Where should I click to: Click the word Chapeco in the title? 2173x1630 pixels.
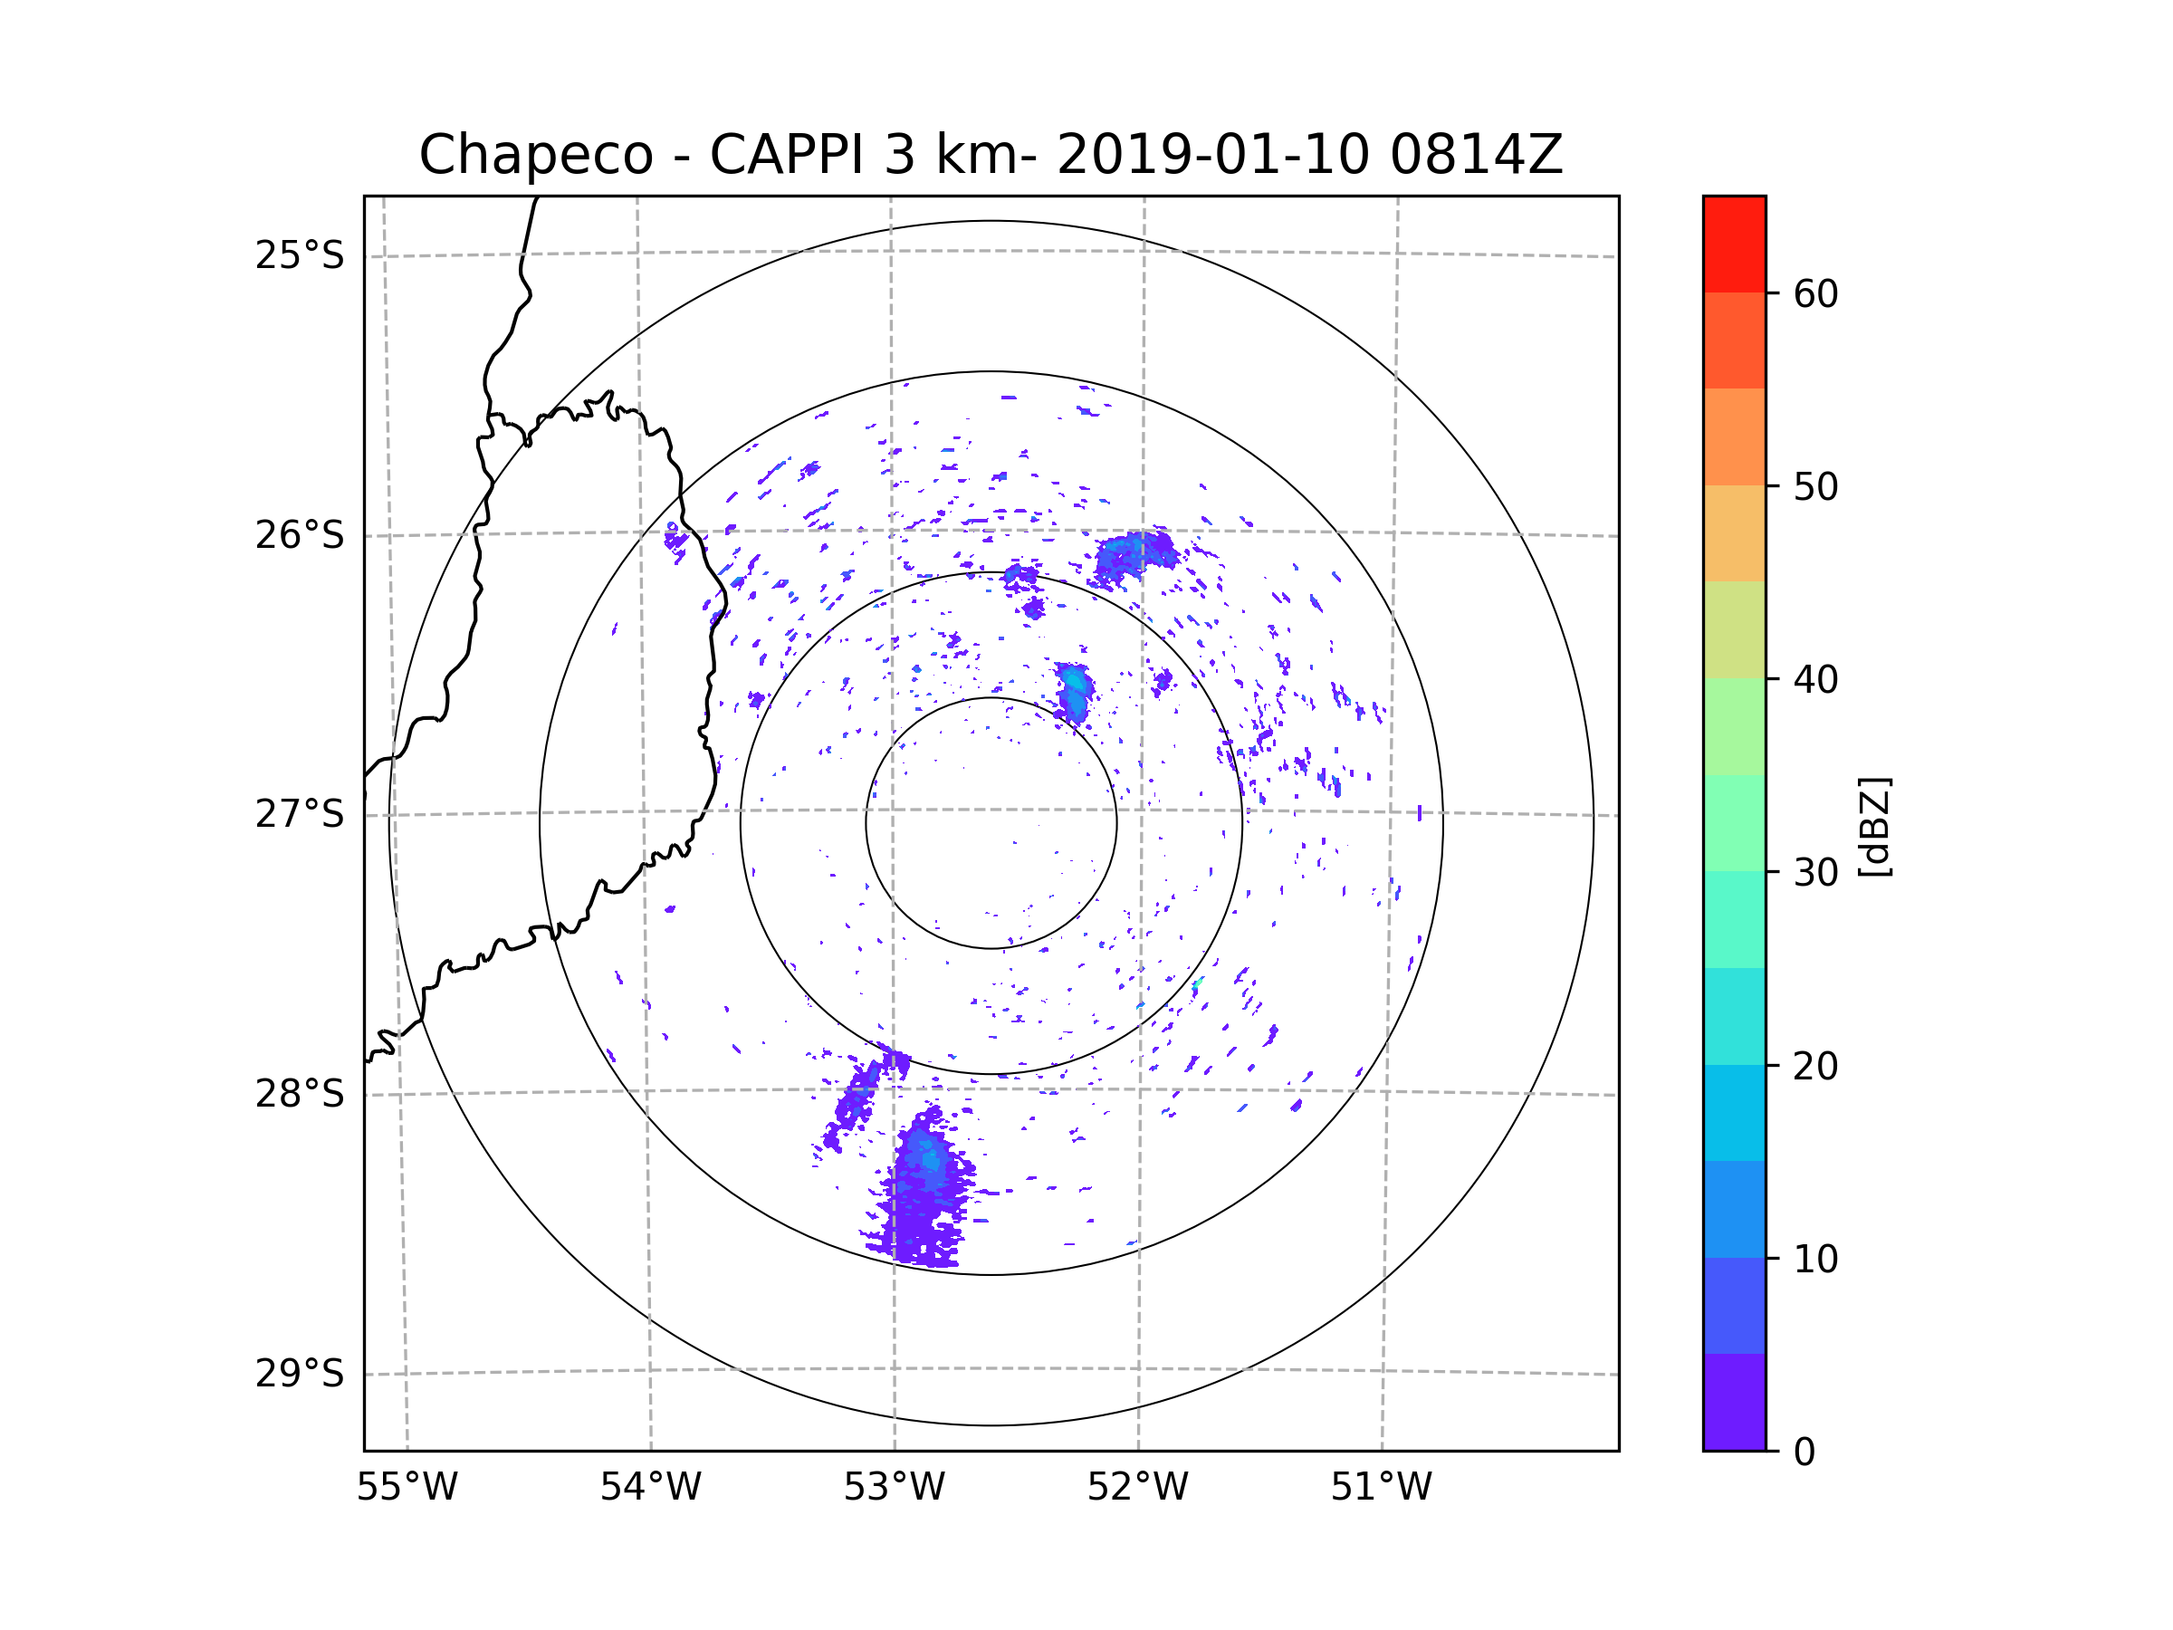535,155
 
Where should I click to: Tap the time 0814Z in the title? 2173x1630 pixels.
1476,155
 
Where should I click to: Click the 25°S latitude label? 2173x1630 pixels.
300,255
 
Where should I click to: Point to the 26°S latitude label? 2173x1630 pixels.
300,535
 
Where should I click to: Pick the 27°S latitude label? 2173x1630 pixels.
300,814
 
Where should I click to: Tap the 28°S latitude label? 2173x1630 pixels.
300,1094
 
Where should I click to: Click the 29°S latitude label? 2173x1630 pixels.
300,1374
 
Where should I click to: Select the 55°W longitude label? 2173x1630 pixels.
407,1488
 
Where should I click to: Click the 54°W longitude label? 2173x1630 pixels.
650,1488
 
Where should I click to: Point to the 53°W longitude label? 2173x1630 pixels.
894,1488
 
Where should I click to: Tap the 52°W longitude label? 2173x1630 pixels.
1137,1488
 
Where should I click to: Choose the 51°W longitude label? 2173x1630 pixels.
1381,1488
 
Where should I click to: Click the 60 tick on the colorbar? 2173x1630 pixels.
1815,293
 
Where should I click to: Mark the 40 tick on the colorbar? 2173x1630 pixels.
1815,680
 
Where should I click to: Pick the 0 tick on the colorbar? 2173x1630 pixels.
1804,1453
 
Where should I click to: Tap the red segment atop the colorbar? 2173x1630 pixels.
1734,244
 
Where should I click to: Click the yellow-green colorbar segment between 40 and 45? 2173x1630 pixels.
1734,629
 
